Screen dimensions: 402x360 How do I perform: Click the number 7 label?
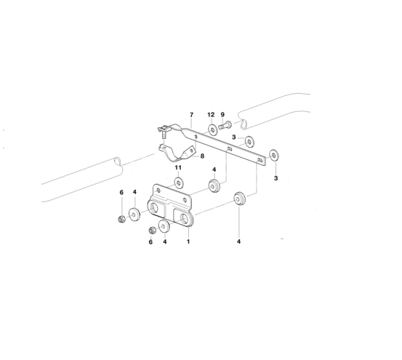point(191,115)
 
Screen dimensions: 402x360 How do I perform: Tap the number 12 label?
point(211,115)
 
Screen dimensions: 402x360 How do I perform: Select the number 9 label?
point(222,115)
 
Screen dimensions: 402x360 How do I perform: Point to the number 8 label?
point(202,156)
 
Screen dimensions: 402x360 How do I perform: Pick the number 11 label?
point(178,168)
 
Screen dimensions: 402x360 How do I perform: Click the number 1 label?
point(188,241)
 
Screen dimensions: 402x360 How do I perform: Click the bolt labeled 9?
point(225,125)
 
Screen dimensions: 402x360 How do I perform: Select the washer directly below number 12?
point(212,130)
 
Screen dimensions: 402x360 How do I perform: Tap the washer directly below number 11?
point(179,183)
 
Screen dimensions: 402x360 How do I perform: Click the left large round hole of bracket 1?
point(154,208)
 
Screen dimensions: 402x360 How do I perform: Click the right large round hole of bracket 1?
point(185,218)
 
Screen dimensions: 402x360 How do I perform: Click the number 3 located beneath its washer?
point(276,178)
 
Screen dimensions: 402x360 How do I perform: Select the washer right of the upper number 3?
point(249,142)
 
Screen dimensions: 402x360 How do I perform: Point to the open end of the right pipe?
point(243,124)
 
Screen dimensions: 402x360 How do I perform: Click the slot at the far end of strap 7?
point(260,160)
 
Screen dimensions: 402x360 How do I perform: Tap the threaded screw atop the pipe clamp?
point(164,134)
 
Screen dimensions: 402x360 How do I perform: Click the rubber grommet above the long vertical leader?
point(239,199)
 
